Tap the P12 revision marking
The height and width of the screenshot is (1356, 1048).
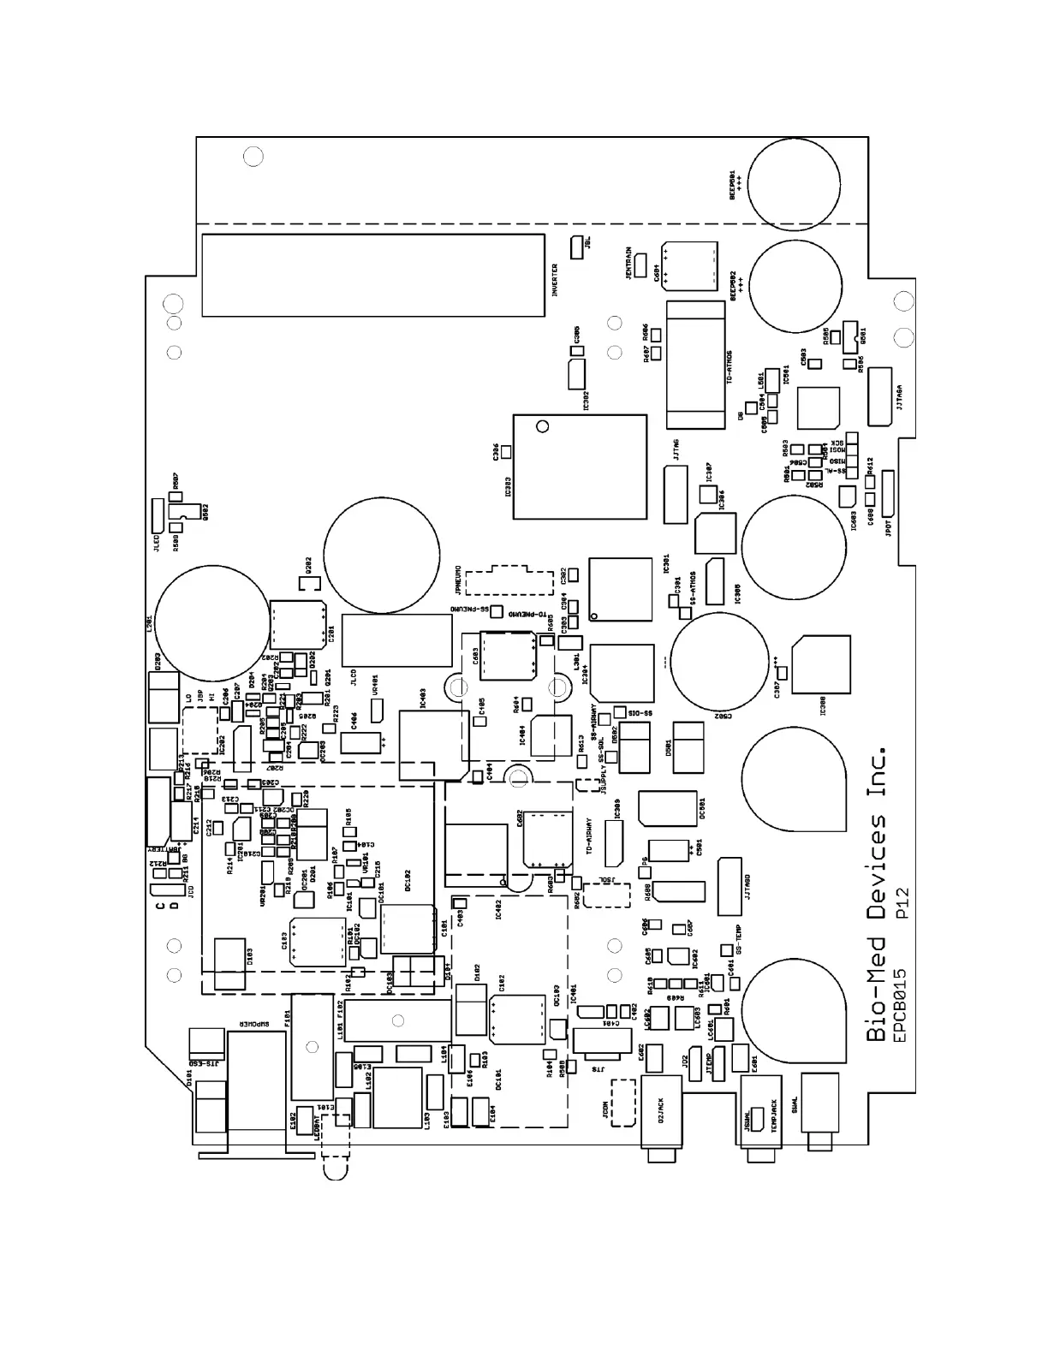[x=900, y=904]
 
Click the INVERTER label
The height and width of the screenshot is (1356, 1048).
[x=555, y=280]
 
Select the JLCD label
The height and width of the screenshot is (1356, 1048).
[x=353, y=677]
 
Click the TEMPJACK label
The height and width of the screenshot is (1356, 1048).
[x=774, y=1117]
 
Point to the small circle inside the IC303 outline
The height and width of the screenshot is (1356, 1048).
[x=540, y=426]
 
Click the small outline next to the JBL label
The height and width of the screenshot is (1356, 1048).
[x=575, y=244]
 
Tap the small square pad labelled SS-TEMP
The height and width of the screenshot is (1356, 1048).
[x=727, y=949]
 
